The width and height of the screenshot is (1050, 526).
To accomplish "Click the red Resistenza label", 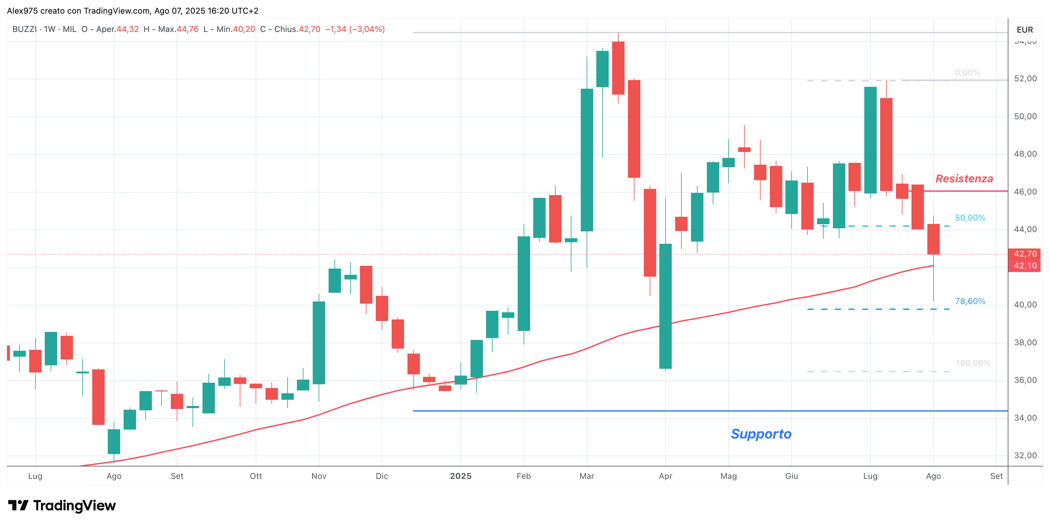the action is point(964,179).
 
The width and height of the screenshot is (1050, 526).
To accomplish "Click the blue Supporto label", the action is point(761,434).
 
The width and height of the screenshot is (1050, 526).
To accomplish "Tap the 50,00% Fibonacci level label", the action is point(970,218).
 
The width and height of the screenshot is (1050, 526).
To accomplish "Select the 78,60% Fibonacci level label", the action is point(970,301).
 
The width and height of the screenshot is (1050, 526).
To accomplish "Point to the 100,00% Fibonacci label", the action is point(973,363).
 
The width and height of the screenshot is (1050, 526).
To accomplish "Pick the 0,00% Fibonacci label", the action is point(967,73).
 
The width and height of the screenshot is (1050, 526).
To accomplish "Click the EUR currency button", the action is point(1025,30).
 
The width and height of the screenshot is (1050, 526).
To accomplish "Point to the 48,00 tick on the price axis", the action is point(1025,154).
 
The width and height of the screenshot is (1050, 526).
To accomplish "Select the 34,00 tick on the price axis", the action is point(1025,418).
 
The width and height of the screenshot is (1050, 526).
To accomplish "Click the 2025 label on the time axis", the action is point(461,476).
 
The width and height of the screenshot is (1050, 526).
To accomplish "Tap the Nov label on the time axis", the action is point(319,476).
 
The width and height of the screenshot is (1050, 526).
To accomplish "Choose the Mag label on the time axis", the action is point(728,476).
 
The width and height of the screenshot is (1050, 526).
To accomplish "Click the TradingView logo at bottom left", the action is point(62,506).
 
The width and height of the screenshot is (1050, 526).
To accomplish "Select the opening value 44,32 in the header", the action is point(128,29).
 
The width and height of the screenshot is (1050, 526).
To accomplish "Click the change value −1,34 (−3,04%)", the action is point(355,29).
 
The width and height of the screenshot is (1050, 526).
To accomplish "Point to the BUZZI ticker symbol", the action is point(25,29).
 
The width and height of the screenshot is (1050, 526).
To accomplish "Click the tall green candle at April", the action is point(665,306).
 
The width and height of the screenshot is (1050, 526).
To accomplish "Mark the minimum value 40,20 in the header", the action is point(244,29).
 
